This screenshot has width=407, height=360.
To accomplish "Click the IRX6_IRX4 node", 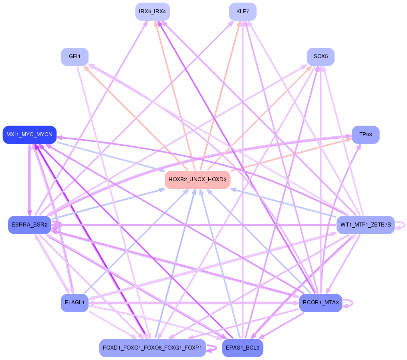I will pyautogui.click(x=152, y=12).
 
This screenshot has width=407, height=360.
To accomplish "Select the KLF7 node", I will pyautogui.click(x=242, y=12).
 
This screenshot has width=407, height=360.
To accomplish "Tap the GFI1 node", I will pyautogui.click(x=75, y=57).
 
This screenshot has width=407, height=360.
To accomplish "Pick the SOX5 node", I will pyautogui.click(x=320, y=57).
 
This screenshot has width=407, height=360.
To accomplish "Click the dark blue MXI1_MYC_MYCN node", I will pyautogui.click(x=29, y=134).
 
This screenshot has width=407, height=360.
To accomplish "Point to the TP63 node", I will pyautogui.click(x=365, y=135).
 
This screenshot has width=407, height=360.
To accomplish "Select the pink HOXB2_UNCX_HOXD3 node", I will pyautogui.click(x=197, y=180).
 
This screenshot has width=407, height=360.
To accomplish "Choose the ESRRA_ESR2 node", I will pyautogui.click(x=30, y=224).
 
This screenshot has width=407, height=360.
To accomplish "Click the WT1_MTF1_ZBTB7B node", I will pyautogui.click(x=365, y=224).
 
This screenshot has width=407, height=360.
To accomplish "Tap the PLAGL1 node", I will pyautogui.click(x=75, y=302).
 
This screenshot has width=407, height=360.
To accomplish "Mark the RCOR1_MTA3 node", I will pyautogui.click(x=320, y=302).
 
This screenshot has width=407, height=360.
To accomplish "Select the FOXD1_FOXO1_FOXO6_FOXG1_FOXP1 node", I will pyautogui.click(x=152, y=348).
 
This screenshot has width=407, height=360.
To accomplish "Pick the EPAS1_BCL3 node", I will pyautogui.click(x=242, y=348).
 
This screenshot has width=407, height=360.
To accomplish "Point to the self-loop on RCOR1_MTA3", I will pyautogui.click(x=350, y=302).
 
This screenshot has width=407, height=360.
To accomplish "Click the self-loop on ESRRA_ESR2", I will pyautogui.click(x=58, y=225).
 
